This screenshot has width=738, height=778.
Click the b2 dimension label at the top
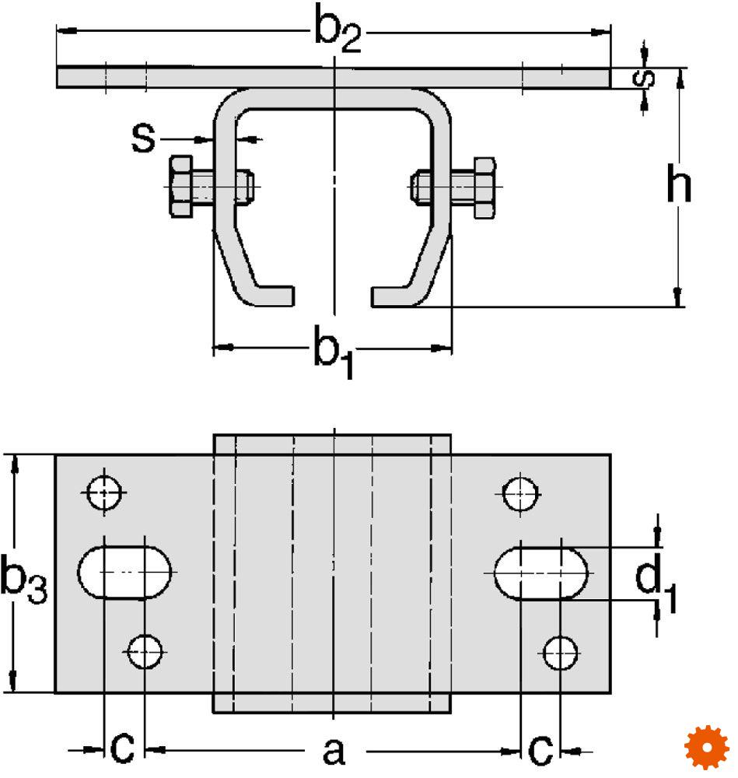(x=338, y=29)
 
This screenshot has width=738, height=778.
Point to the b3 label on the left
(x=23, y=579)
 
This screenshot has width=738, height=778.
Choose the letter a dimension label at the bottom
(x=334, y=751)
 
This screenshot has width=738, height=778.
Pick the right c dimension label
(x=540, y=748)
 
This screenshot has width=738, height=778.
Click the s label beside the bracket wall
(x=143, y=138)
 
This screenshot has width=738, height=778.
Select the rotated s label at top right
(x=644, y=79)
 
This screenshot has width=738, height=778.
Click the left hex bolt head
(x=181, y=187)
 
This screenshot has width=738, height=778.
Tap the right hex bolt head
(x=484, y=187)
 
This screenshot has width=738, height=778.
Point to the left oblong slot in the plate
(x=124, y=572)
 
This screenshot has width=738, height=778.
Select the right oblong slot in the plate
(x=541, y=573)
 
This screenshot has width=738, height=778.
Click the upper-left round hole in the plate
(x=103, y=492)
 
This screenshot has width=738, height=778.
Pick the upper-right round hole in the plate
(x=519, y=494)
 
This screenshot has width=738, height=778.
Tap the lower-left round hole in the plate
(x=145, y=651)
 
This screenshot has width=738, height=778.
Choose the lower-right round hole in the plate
(x=561, y=654)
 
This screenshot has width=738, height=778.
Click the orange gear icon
(x=707, y=747)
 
